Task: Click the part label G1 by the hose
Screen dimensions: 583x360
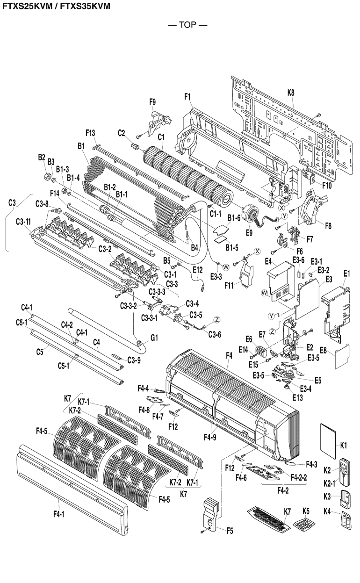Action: tap(154, 337)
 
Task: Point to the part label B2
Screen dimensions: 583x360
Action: tap(42, 157)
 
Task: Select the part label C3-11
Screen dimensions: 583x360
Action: tap(23, 221)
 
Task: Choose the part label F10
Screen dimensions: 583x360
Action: tap(327, 185)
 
